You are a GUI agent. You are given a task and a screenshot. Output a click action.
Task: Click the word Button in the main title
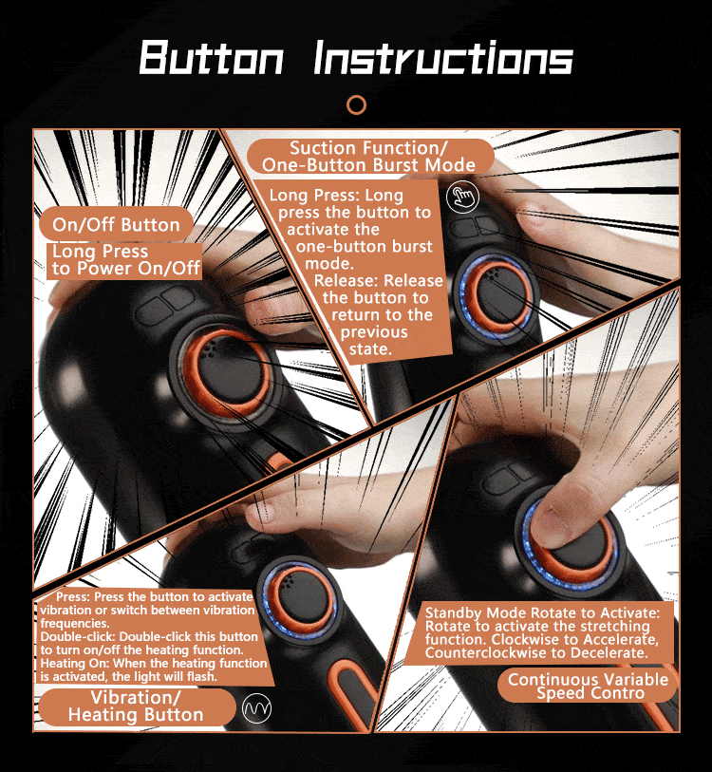coord(212,57)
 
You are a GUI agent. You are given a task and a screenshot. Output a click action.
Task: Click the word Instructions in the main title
coord(443,57)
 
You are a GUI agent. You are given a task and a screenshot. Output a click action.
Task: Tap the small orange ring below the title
coord(356,104)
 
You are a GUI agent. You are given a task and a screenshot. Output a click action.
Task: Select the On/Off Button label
coord(116,224)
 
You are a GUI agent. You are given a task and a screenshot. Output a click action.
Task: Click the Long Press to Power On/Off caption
coord(125,260)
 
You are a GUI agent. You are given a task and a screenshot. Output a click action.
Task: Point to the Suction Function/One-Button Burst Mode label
coord(369,156)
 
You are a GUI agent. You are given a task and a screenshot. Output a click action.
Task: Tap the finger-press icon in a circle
coord(462,197)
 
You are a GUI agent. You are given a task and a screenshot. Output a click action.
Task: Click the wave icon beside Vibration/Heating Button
coord(257,708)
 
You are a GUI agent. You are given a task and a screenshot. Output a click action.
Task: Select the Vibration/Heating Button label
coord(136,706)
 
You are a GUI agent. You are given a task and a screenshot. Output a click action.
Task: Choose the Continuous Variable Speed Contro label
coord(588,687)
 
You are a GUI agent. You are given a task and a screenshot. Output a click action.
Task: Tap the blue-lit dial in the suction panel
coord(497,296)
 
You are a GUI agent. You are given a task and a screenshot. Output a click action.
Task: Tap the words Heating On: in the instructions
coord(74,663)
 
